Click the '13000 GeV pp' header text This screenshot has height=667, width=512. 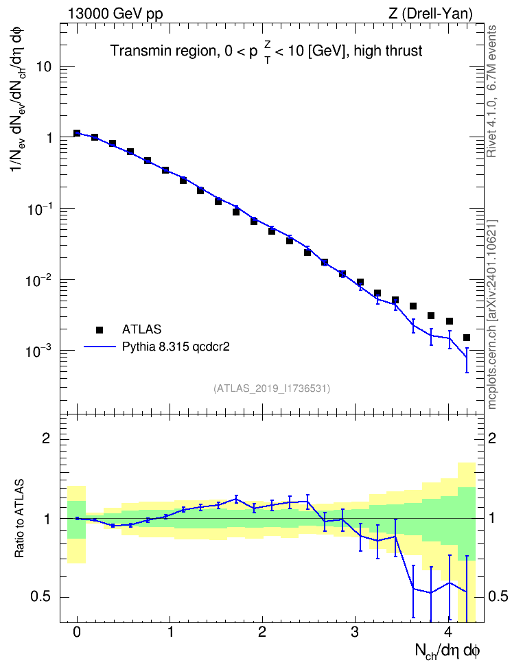[115, 14]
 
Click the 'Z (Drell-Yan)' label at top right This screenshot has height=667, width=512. [430, 14]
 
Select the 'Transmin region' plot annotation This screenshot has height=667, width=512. [163, 51]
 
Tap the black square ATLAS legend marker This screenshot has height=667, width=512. [100, 329]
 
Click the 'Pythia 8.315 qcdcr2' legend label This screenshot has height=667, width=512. [176, 347]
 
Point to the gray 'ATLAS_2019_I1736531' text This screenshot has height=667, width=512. [272, 388]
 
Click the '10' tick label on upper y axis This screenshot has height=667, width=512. [44, 67]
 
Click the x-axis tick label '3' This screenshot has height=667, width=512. [355, 632]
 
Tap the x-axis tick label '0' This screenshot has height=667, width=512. [77, 632]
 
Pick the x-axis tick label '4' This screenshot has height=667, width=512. [447, 632]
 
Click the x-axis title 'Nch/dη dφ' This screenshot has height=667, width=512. [447, 651]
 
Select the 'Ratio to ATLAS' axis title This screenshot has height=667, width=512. [19, 519]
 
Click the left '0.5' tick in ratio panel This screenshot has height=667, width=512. [40, 597]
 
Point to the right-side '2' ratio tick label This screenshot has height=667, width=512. [492, 438]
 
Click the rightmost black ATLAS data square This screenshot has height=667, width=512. [467, 338]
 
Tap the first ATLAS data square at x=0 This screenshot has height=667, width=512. [77, 133]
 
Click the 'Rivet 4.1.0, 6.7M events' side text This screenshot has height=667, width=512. [491, 91]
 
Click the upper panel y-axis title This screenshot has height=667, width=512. [19, 99]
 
